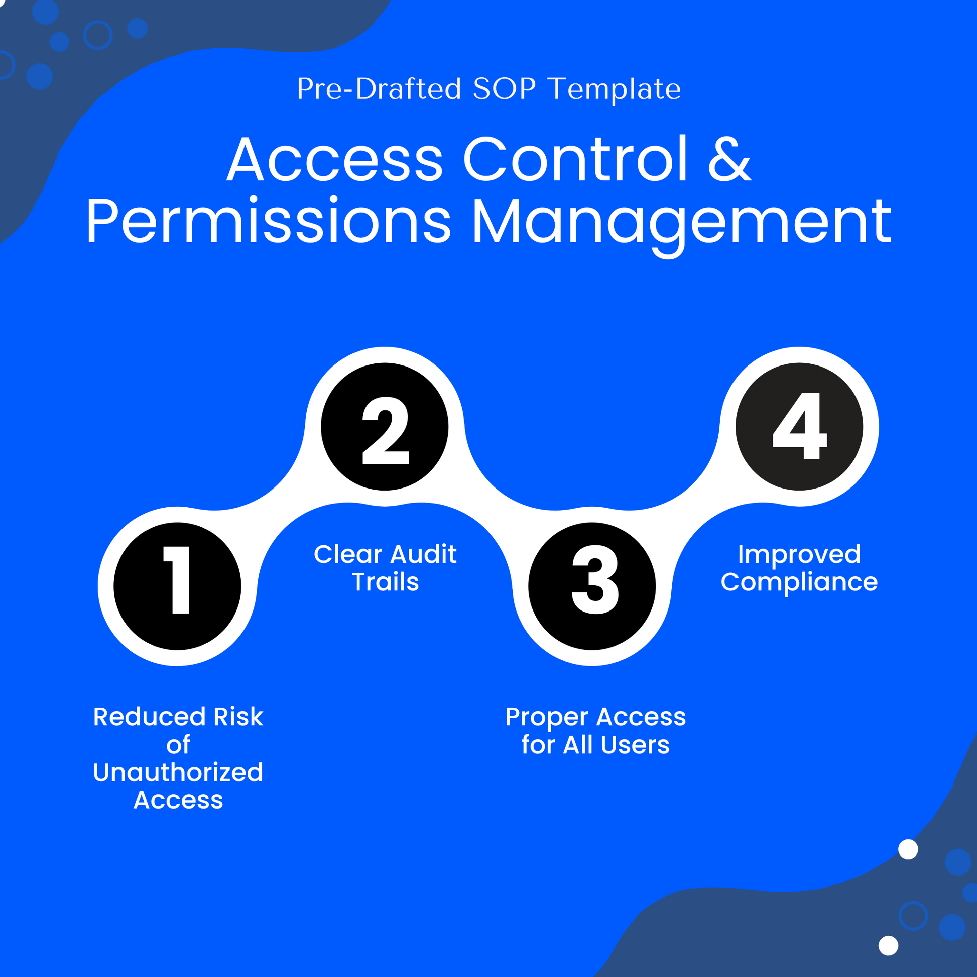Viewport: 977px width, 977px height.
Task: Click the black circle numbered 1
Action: (x=177, y=586)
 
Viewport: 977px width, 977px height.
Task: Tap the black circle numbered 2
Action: (x=385, y=427)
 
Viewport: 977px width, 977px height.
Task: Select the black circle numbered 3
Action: (x=592, y=586)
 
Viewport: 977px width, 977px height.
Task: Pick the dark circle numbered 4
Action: (x=799, y=427)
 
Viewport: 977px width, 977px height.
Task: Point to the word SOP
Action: (x=504, y=89)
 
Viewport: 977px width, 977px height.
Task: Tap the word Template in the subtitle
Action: (x=615, y=89)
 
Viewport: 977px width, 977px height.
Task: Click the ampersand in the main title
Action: (x=729, y=159)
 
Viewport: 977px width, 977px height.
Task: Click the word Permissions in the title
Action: (x=269, y=222)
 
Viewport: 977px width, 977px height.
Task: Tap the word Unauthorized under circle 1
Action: (x=178, y=772)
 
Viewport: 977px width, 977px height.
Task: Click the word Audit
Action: (x=423, y=554)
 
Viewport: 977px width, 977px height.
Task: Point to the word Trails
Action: (x=386, y=582)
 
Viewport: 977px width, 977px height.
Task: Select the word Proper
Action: (x=547, y=717)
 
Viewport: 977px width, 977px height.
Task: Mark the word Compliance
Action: (x=799, y=582)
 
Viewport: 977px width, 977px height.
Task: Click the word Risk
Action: (x=238, y=717)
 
